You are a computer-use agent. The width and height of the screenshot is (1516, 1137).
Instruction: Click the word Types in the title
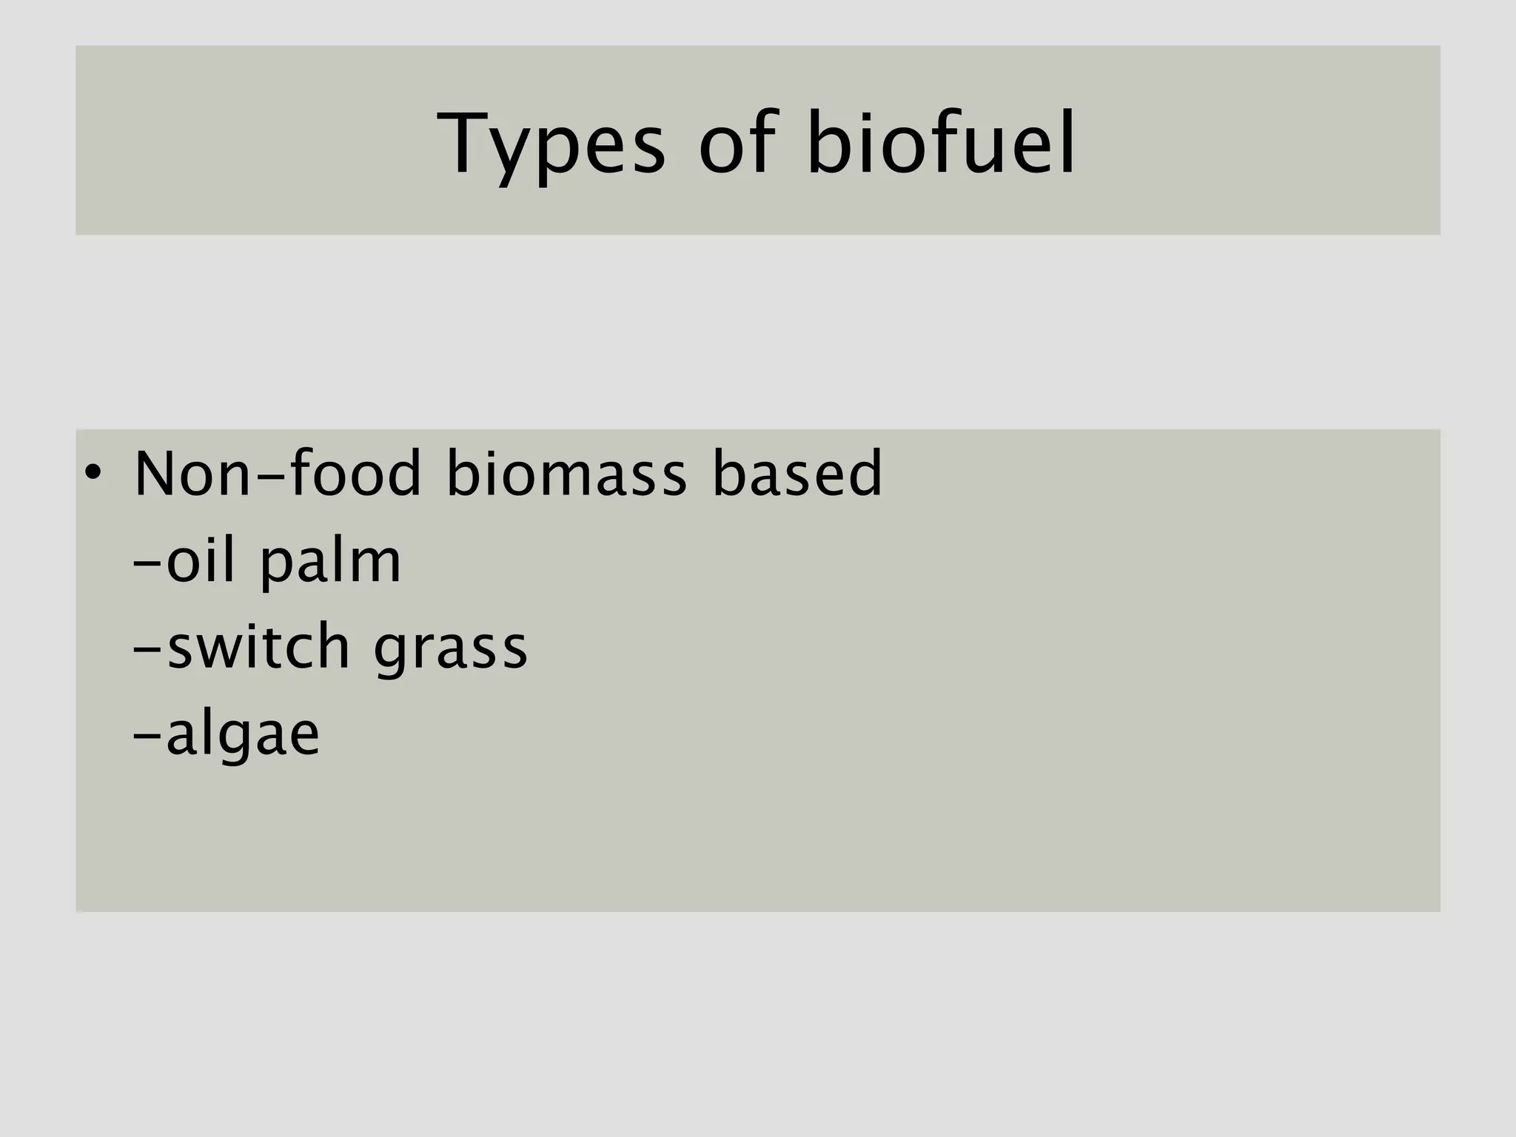coord(551,144)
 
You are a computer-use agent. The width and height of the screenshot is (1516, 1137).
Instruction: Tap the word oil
coord(200,560)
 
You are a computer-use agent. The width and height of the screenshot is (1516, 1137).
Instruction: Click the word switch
coord(258,646)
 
